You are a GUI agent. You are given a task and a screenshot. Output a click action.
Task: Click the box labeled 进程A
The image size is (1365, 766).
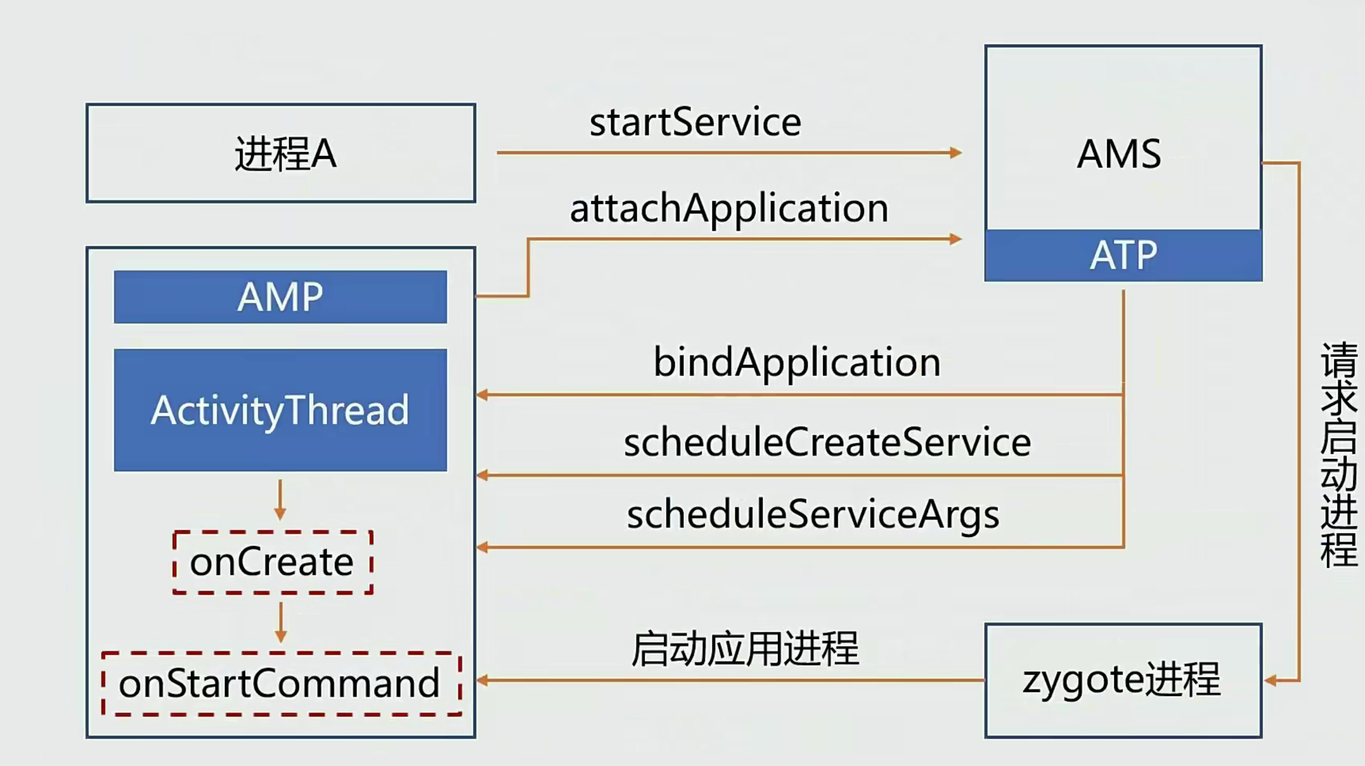click(x=280, y=153)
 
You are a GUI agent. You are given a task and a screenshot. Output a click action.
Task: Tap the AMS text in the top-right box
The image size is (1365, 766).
click(x=1119, y=154)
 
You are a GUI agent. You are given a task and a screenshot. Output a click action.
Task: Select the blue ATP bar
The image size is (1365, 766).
click(x=1123, y=256)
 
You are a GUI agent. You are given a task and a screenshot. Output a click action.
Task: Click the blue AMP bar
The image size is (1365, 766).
click(x=280, y=297)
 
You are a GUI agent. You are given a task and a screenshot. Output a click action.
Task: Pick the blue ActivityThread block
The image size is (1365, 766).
click(x=280, y=410)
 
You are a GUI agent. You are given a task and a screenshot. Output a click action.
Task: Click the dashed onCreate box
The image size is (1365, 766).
click(x=273, y=562)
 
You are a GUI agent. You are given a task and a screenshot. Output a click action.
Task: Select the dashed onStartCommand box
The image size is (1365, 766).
click(x=281, y=684)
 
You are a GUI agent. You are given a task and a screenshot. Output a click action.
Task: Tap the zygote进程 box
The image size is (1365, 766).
click(x=1122, y=680)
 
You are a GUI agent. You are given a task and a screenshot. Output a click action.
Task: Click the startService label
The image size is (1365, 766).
click(x=695, y=122)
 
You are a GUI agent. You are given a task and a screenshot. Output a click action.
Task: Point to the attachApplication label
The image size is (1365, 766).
click(x=729, y=208)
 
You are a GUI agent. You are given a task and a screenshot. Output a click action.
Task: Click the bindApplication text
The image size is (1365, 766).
click(x=796, y=362)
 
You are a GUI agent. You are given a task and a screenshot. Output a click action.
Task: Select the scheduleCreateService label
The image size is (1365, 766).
click(x=827, y=442)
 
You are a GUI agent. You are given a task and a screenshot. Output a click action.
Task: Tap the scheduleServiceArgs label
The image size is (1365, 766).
click(x=813, y=514)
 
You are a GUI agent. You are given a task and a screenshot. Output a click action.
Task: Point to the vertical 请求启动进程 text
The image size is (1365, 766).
click(x=1339, y=454)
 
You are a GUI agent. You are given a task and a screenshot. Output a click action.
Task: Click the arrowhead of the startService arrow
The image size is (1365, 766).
click(x=955, y=153)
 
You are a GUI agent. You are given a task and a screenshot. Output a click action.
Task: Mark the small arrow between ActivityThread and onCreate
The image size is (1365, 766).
click(x=280, y=501)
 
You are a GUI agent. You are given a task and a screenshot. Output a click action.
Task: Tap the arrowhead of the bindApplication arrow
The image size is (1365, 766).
click(x=483, y=395)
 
